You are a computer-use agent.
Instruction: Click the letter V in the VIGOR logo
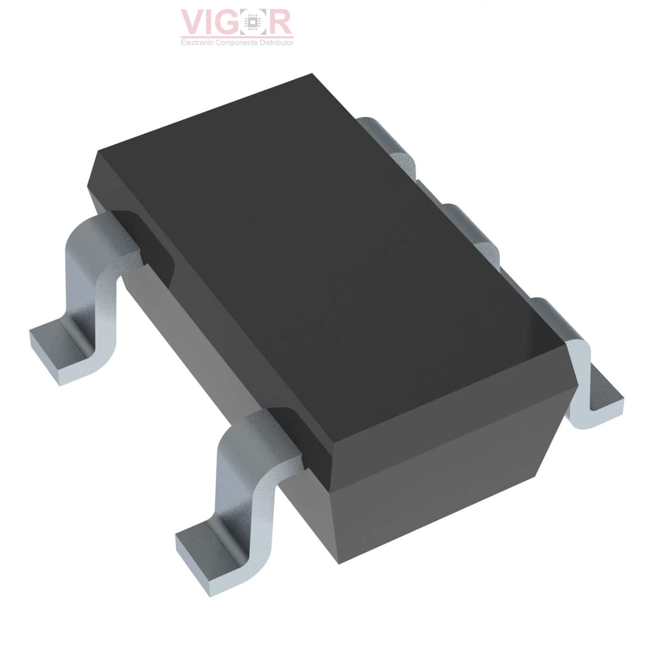[x=194, y=22]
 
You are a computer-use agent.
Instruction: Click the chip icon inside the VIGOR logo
[x=254, y=22]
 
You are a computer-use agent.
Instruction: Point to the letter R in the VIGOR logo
[x=279, y=22]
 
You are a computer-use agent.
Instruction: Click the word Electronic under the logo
[x=197, y=42]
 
